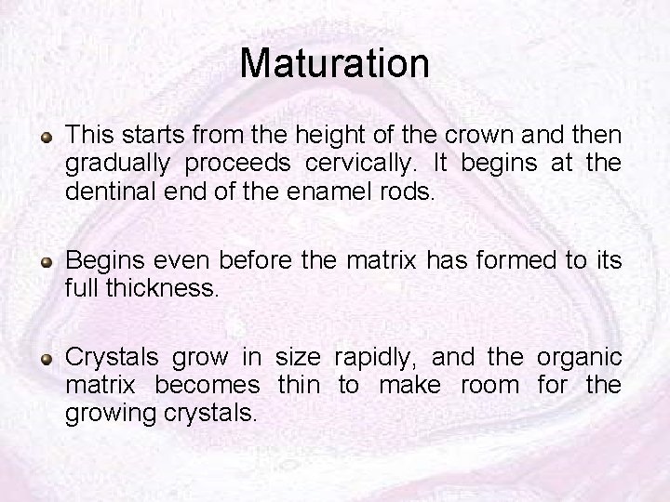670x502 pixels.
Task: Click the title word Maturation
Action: pyautogui.click(x=335, y=63)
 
